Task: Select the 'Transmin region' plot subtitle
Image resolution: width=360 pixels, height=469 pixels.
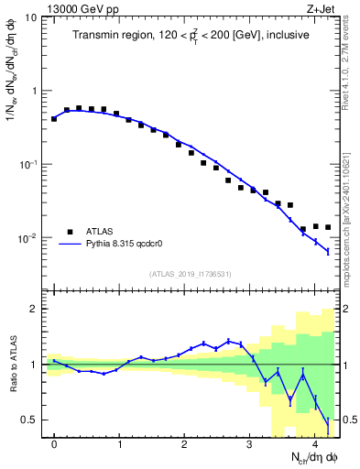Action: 191,36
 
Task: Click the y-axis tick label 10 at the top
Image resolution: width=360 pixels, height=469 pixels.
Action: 30,17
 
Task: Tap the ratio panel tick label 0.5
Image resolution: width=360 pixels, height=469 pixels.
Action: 30,420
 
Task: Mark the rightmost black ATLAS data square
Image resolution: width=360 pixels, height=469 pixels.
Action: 327,227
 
